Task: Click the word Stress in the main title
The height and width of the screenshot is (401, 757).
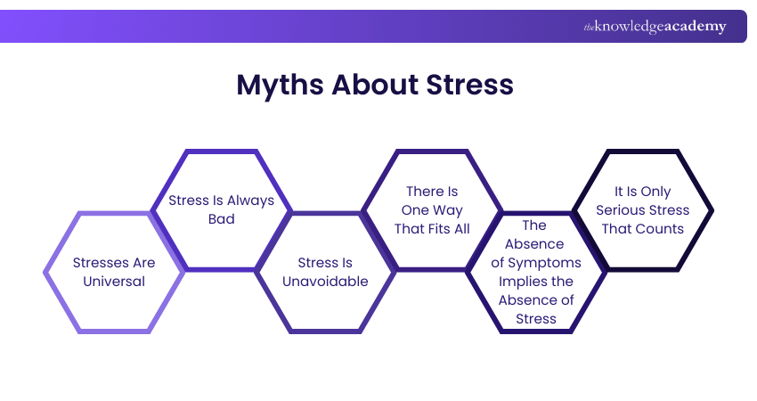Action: click(468, 86)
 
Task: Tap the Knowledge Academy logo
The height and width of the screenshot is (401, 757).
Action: click(655, 27)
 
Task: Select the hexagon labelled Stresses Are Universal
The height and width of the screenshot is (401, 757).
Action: click(114, 272)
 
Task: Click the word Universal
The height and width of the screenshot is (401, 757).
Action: click(114, 282)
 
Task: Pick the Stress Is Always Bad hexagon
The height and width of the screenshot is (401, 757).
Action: click(221, 209)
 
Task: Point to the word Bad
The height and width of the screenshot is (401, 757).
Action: click(221, 219)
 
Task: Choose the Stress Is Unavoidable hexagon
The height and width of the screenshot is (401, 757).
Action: click(326, 272)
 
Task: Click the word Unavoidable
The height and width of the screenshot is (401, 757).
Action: click(326, 282)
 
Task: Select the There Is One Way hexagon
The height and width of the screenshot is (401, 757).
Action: click(432, 209)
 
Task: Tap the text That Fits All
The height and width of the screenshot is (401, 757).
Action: click(432, 229)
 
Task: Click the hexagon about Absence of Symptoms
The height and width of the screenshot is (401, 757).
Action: click(536, 272)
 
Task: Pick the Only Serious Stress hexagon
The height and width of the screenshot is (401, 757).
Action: click(642, 209)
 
